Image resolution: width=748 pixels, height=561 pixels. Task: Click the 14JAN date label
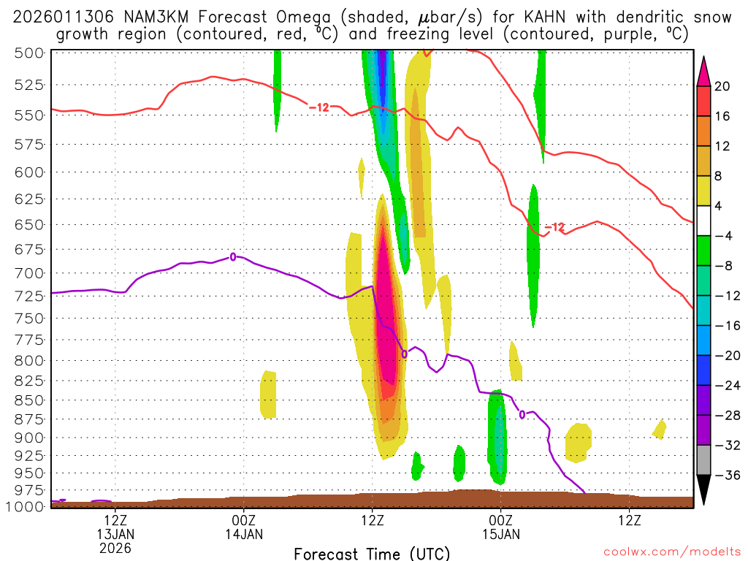click(x=244, y=534)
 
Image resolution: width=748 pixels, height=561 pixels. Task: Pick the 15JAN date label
click(x=501, y=534)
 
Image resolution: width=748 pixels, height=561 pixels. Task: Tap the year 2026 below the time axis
click(x=115, y=548)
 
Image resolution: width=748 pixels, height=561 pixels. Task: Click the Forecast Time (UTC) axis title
click(x=372, y=553)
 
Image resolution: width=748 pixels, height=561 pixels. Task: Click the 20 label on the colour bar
click(x=722, y=86)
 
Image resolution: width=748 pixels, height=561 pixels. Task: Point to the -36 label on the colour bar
click(x=725, y=475)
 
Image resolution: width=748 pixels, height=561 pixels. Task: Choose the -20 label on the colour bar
click(x=725, y=356)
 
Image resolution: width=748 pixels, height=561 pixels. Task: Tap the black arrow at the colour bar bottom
click(x=703, y=489)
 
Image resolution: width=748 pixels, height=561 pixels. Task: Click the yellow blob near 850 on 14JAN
click(x=268, y=394)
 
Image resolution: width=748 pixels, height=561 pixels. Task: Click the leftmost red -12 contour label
click(x=320, y=107)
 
